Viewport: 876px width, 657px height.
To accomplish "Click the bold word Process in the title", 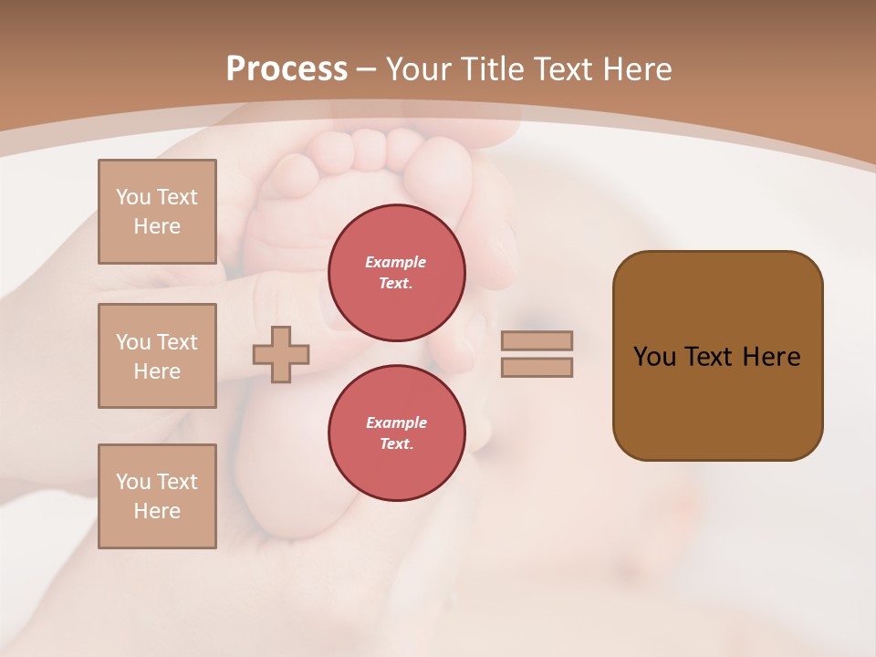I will pyautogui.click(x=287, y=69).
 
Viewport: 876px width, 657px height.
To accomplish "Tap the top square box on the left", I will pyautogui.click(x=157, y=212).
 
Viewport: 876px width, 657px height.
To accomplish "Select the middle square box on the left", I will pyautogui.click(x=157, y=356).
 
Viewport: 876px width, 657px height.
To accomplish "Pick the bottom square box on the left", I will pyautogui.click(x=157, y=496).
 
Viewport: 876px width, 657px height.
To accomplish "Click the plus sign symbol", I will pyautogui.click(x=281, y=354).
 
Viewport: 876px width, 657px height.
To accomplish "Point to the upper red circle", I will pyautogui.click(x=396, y=272).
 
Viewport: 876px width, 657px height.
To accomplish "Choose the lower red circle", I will pyautogui.click(x=396, y=433).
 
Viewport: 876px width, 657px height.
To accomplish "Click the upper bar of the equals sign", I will pyautogui.click(x=537, y=341).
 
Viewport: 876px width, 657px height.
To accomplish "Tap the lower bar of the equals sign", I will pyautogui.click(x=537, y=367).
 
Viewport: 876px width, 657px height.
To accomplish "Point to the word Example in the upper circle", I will pyautogui.click(x=396, y=262).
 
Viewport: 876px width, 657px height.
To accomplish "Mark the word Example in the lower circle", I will pyautogui.click(x=396, y=422).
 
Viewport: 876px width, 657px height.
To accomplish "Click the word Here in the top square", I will pyautogui.click(x=157, y=226).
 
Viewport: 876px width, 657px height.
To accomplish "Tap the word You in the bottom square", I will pyautogui.click(x=133, y=482).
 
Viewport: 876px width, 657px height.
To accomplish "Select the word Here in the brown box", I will pyautogui.click(x=771, y=357).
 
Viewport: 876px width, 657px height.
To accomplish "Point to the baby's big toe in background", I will pyautogui.click(x=425, y=155).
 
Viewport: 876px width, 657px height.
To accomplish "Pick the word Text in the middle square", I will pyautogui.click(x=176, y=342).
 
